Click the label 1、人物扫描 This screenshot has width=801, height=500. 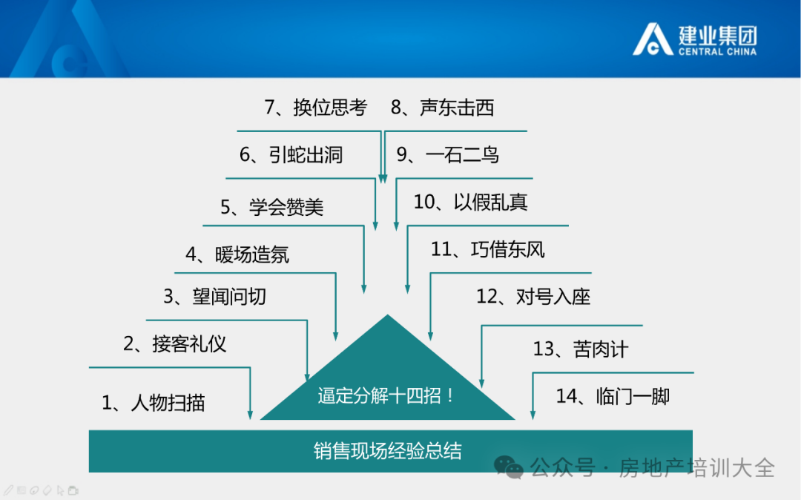154,403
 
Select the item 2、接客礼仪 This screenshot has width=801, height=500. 175,343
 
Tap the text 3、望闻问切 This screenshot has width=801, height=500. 214,296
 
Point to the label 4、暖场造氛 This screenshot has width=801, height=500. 237,254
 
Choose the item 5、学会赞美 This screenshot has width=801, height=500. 271,207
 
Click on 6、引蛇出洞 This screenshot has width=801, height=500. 291,154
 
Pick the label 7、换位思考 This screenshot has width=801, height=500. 316,108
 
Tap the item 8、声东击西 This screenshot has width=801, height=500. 442,108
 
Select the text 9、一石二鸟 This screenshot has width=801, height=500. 448,154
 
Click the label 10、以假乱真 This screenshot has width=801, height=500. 470,202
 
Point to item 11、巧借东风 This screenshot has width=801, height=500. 488,249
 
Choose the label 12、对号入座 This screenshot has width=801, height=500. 533,296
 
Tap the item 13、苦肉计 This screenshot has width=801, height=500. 581,349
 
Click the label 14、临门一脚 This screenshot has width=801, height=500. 613,396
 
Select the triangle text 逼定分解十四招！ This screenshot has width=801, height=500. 386,395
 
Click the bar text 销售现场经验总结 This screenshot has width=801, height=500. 388,451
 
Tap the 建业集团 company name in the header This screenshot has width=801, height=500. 718,36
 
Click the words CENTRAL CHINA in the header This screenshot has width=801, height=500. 718,52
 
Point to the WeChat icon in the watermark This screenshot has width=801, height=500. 508,467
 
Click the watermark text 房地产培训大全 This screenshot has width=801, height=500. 697,468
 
